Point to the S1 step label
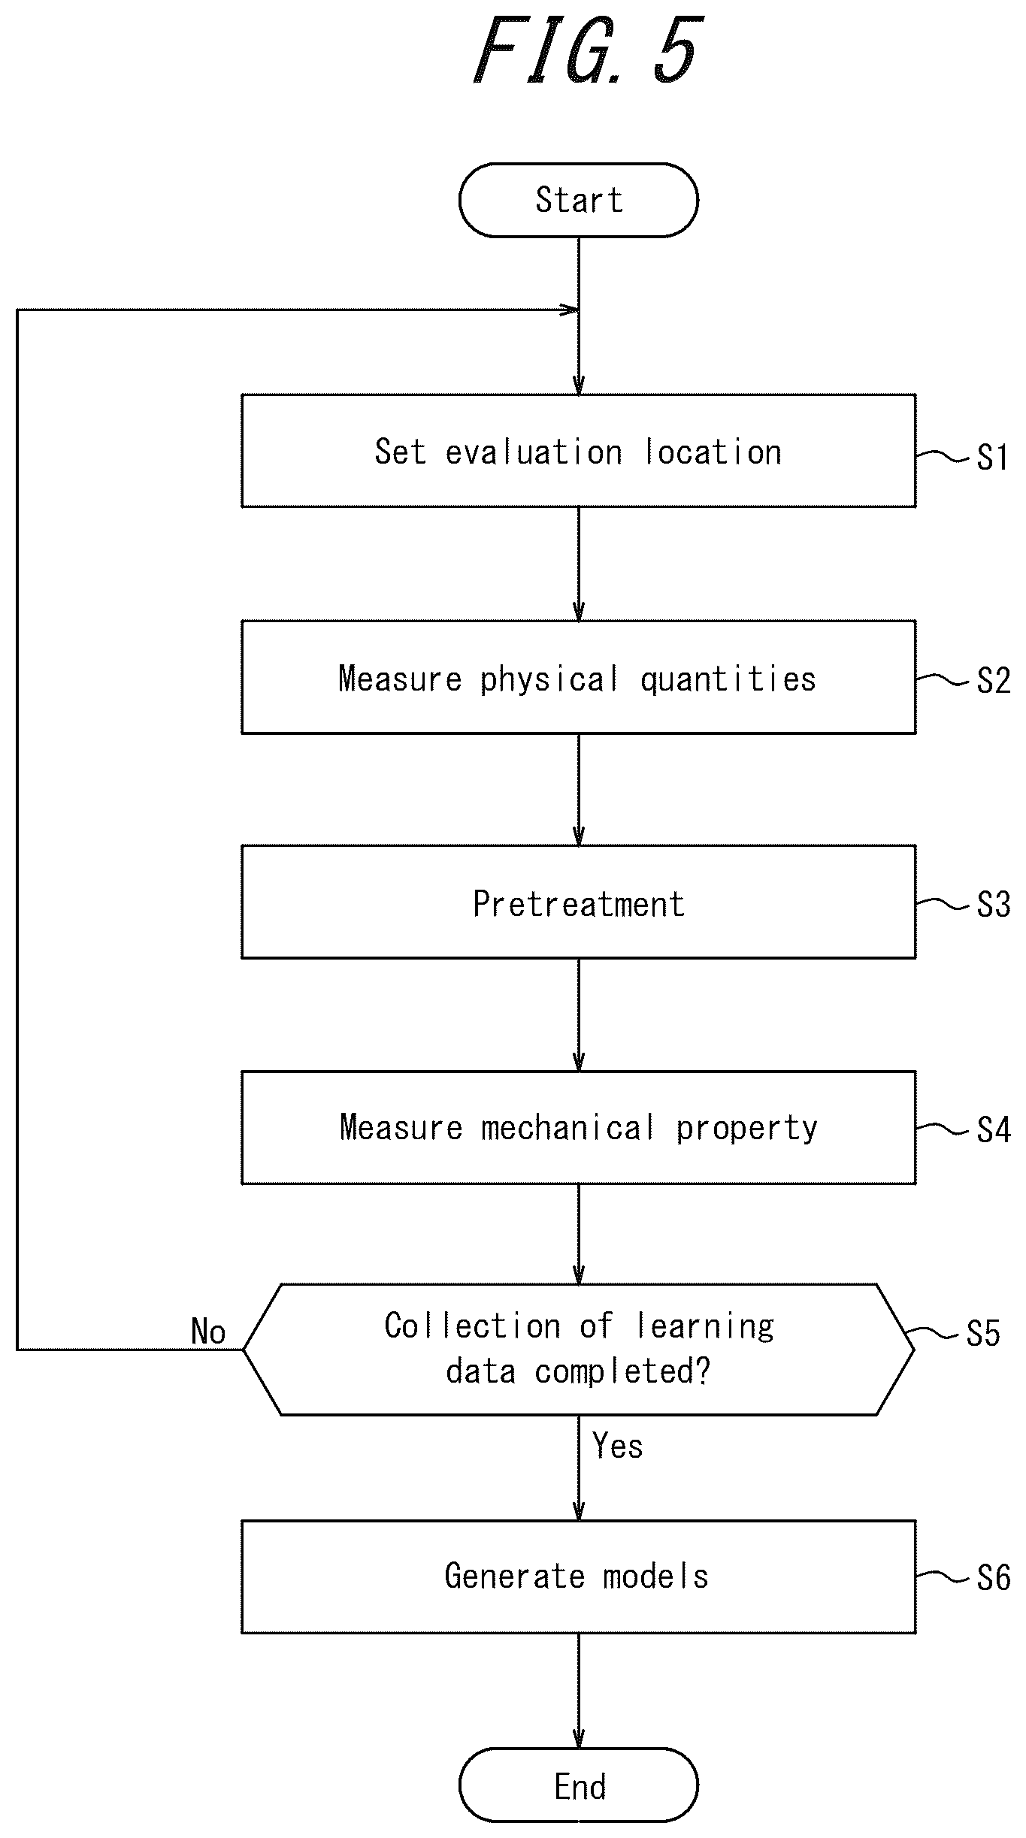(993, 457)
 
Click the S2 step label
(993, 681)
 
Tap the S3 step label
(993, 905)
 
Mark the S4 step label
(993, 1130)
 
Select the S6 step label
(993, 1578)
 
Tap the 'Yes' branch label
(617, 1446)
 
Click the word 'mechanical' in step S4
(567, 1128)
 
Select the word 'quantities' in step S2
(728, 679)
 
